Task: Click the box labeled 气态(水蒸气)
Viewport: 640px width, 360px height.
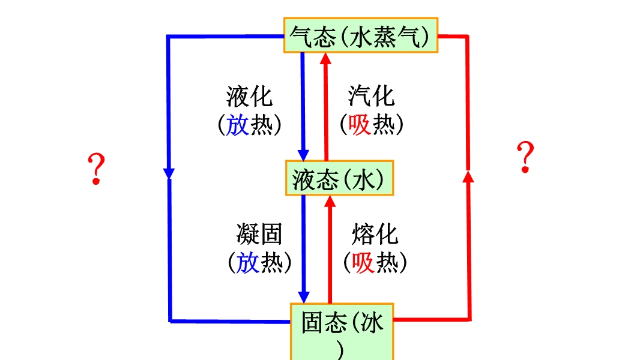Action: tap(361, 35)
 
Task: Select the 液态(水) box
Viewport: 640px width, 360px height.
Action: tap(339, 178)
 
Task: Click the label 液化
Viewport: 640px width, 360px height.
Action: tap(249, 97)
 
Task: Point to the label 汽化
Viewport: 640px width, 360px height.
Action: tap(372, 97)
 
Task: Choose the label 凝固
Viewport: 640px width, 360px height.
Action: tap(259, 235)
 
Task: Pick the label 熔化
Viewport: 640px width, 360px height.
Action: tap(375, 235)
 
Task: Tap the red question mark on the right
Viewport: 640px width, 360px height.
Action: tap(525, 157)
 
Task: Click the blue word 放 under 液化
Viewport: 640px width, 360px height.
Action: tap(238, 125)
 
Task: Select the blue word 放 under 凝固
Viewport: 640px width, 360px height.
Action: tap(248, 262)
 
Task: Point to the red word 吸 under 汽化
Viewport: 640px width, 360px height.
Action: tap(360, 125)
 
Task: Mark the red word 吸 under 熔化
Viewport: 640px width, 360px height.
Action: tap(364, 262)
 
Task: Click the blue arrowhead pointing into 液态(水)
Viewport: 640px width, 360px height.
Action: tap(303, 155)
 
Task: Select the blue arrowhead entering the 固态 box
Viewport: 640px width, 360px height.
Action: tap(304, 296)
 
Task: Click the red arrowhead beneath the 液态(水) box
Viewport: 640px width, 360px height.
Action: tap(330, 201)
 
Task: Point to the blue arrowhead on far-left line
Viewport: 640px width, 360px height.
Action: tap(169, 173)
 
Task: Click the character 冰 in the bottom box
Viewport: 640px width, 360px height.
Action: tap(372, 324)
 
